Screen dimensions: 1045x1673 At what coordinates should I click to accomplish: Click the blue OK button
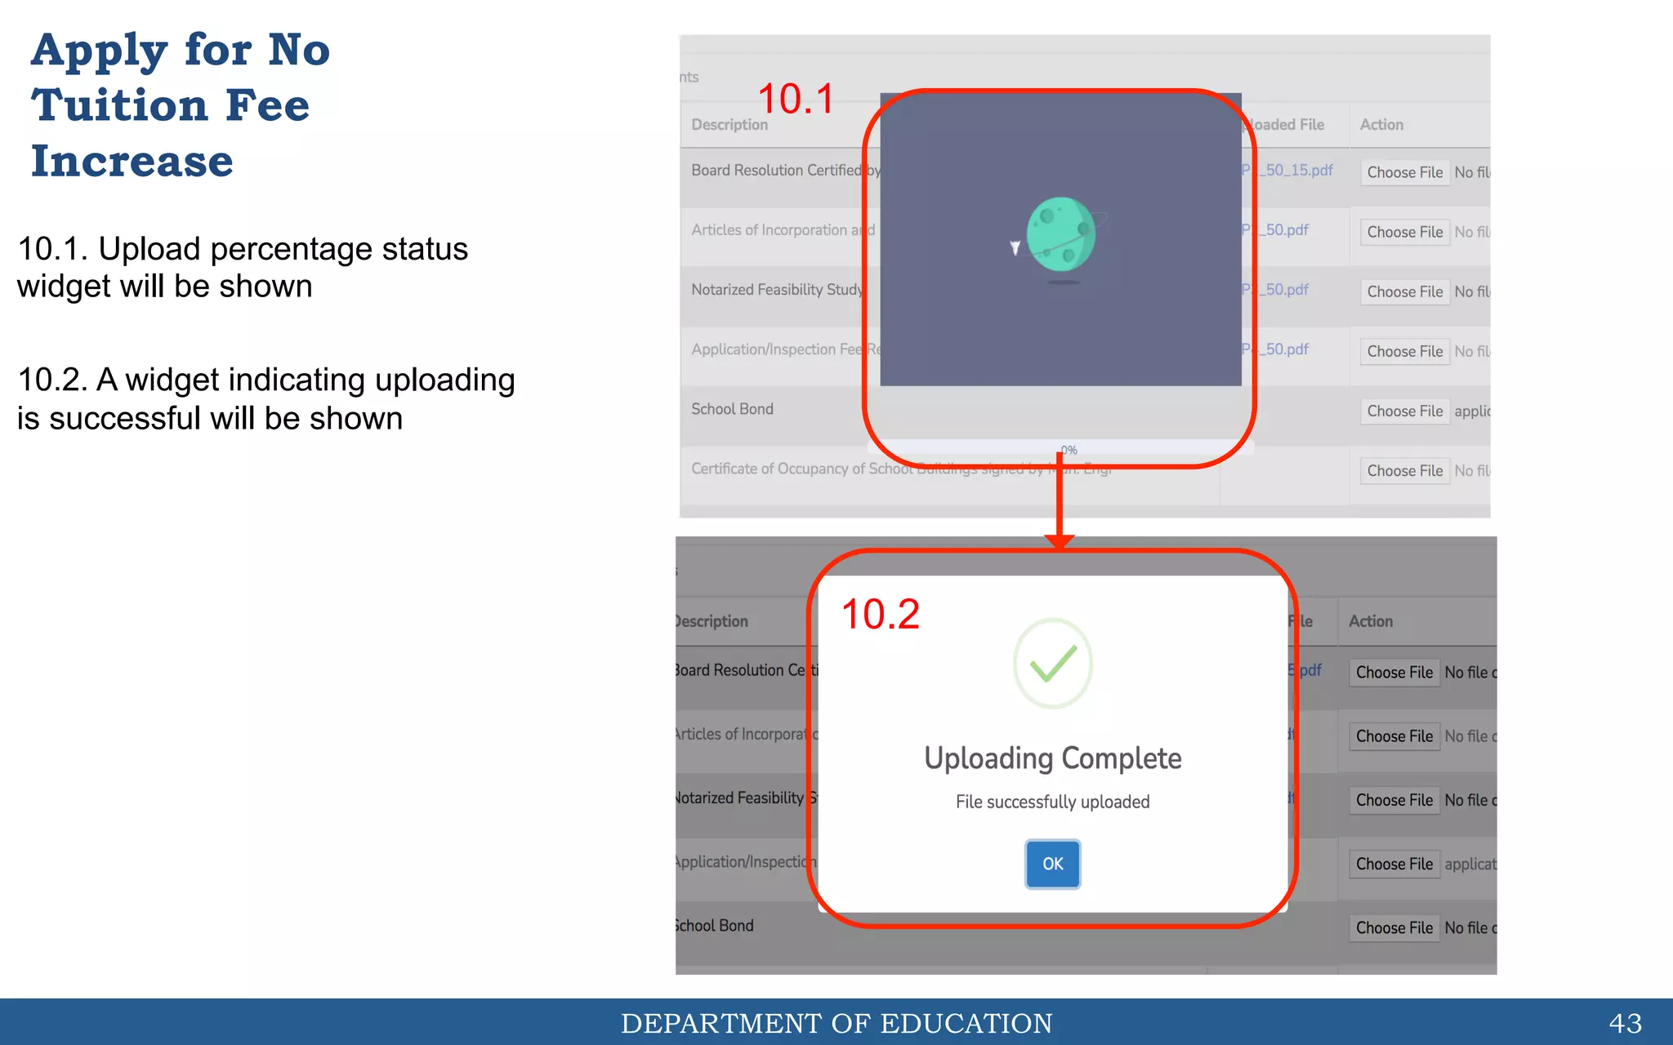click(1052, 864)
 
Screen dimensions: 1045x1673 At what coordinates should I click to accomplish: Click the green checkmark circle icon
click(1052, 664)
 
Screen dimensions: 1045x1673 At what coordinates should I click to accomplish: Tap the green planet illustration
click(1060, 234)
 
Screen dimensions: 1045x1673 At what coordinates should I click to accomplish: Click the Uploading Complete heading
click(1052, 758)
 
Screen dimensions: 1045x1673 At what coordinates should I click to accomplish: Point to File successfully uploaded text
click(1052, 802)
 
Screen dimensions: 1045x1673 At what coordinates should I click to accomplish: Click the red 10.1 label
click(796, 100)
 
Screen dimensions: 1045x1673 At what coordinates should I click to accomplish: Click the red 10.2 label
click(880, 615)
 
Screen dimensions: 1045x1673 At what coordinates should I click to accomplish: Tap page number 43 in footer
click(1625, 1023)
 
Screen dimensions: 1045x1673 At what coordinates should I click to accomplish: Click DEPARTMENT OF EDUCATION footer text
click(836, 1023)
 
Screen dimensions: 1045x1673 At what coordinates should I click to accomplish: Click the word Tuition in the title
click(119, 106)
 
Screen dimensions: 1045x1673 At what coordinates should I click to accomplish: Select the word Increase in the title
click(132, 162)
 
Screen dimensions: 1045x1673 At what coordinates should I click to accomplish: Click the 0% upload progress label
click(1068, 451)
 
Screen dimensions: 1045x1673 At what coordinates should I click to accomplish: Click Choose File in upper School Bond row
click(1404, 411)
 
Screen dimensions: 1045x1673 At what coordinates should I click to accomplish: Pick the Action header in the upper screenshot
click(1381, 125)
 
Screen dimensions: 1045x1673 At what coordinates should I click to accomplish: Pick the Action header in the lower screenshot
click(1371, 621)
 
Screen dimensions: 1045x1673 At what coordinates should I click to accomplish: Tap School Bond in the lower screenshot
click(715, 926)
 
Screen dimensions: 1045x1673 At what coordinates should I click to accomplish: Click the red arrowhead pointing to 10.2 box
click(1060, 541)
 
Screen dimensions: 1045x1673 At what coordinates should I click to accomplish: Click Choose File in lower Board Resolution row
click(1394, 673)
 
